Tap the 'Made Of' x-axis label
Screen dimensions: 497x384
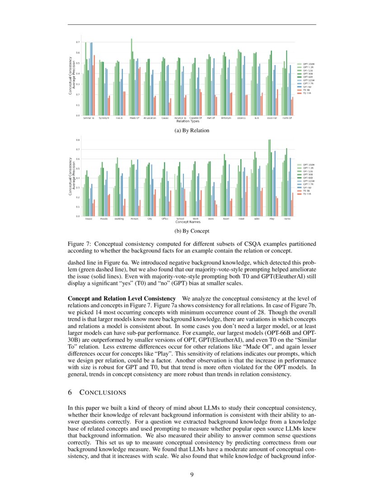(135, 118)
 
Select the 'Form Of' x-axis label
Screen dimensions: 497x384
(287, 118)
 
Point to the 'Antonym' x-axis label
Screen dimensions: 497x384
(226, 118)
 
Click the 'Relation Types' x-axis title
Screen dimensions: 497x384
(188, 122)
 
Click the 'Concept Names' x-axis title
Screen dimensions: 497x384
(188, 222)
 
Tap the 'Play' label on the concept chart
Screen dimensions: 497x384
(272, 219)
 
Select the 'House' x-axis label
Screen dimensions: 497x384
(89, 219)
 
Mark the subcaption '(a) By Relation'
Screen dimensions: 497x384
(192, 131)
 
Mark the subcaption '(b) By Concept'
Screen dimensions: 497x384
(192, 231)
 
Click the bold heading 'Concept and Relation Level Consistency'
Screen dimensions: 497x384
(122, 299)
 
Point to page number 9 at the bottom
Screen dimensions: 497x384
(192, 474)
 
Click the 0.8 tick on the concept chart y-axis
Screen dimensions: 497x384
(78, 140)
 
